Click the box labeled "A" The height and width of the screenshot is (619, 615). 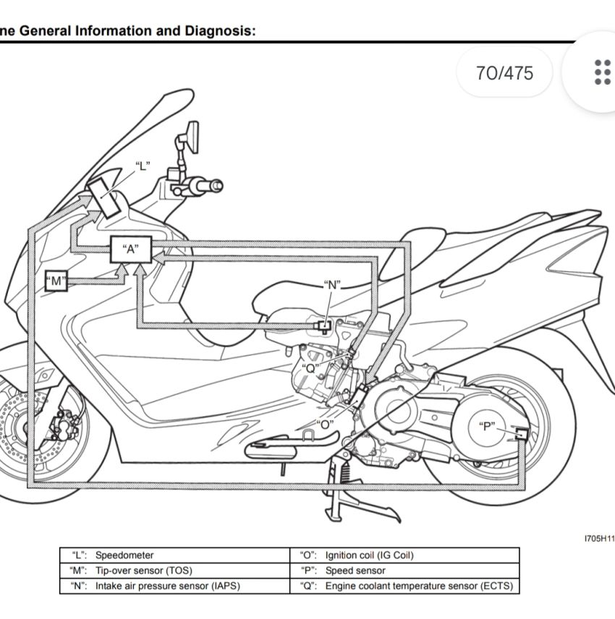tap(130, 249)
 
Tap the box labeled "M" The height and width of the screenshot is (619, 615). tap(56, 281)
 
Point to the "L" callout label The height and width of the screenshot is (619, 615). tap(143, 166)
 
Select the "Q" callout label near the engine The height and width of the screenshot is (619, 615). tap(310, 367)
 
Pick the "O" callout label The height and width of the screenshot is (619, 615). tap(325, 424)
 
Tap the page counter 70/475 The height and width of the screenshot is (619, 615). tap(504, 73)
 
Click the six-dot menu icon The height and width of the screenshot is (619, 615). tap(602, 72)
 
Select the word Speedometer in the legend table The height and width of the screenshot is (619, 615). tap(124, 555)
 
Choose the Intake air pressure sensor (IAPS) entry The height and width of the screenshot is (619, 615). tap(167, 586)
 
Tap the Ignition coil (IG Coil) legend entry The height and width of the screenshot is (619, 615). tap(369, 555)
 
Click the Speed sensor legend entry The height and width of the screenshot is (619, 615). tap(355, 571)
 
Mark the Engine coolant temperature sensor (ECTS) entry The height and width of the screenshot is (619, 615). tap(423, 586)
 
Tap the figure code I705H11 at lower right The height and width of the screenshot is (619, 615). tap(599, 539)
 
